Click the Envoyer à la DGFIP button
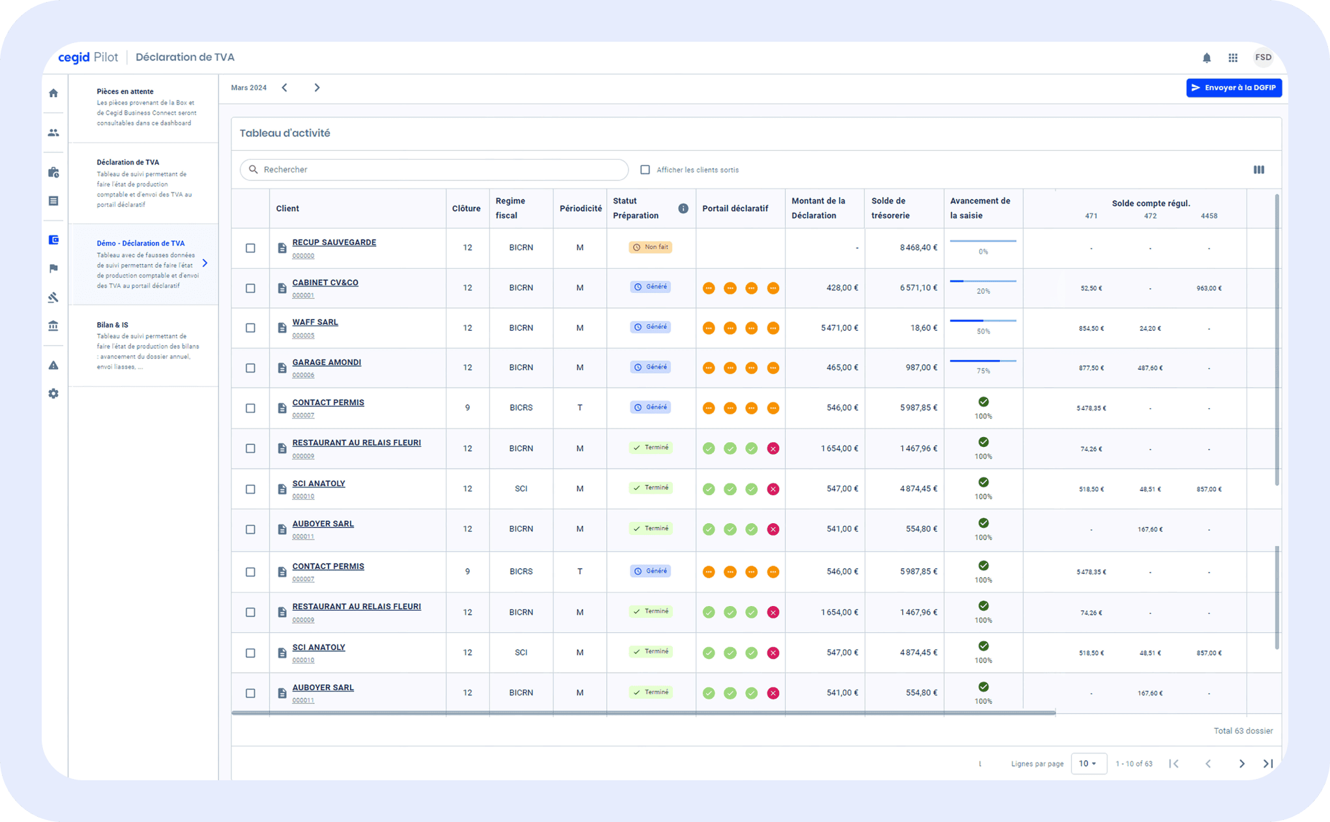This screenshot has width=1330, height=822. coord(1234,88)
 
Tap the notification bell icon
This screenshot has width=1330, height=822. coord(1206,58)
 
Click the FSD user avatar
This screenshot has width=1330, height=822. coord(1263,57)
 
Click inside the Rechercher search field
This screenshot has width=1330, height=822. coord(437,170)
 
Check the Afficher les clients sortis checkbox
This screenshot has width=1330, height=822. coord(645,170)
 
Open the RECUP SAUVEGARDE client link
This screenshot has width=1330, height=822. coord(334,243)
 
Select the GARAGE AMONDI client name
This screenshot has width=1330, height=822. coord(326,363)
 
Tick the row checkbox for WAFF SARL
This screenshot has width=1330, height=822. coord(250,328)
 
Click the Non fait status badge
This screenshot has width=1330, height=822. coord(651,247)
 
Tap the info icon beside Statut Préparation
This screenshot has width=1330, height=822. coord(683,209)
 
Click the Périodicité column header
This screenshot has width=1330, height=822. coord(580,209)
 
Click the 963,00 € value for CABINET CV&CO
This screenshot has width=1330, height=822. coord(1209,288)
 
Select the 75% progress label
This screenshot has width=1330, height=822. coord(983,371)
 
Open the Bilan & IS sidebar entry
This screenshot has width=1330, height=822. coord(113,325)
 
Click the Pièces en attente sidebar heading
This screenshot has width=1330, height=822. coord(125,91)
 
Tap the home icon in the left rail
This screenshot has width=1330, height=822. coord(53,93)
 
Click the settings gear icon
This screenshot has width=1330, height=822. coord(53,394)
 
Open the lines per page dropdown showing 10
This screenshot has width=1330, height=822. coord(1088,763)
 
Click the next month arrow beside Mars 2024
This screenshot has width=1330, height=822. coord(317,88)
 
